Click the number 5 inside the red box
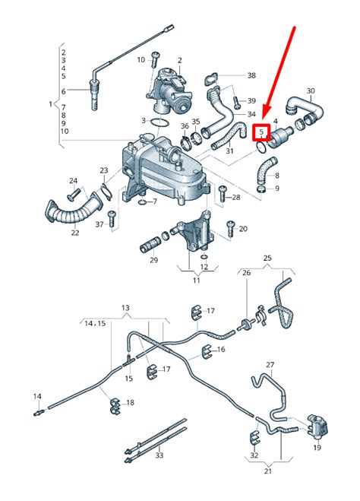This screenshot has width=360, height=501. pos(261,132)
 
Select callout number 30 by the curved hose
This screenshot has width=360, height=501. pos(311,91)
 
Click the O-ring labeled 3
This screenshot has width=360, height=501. pos(159,122)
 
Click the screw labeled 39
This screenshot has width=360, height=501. pos(235,102)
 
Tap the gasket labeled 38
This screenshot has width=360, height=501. pos(211,80)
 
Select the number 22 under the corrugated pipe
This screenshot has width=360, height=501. pos(74,233)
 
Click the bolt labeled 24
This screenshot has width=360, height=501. pos(74,194)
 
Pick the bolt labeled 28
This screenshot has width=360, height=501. pos(223,194)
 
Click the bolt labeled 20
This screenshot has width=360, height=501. pos(231,229)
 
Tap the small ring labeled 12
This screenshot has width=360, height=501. pos(204,257)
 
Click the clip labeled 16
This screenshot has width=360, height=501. pos(207,352)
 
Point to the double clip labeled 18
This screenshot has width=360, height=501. pos(115,407)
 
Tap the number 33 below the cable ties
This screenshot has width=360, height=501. pos(159,455)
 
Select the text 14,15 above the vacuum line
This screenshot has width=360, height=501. pos(95,323)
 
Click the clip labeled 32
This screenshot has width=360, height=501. pos(254,437)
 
